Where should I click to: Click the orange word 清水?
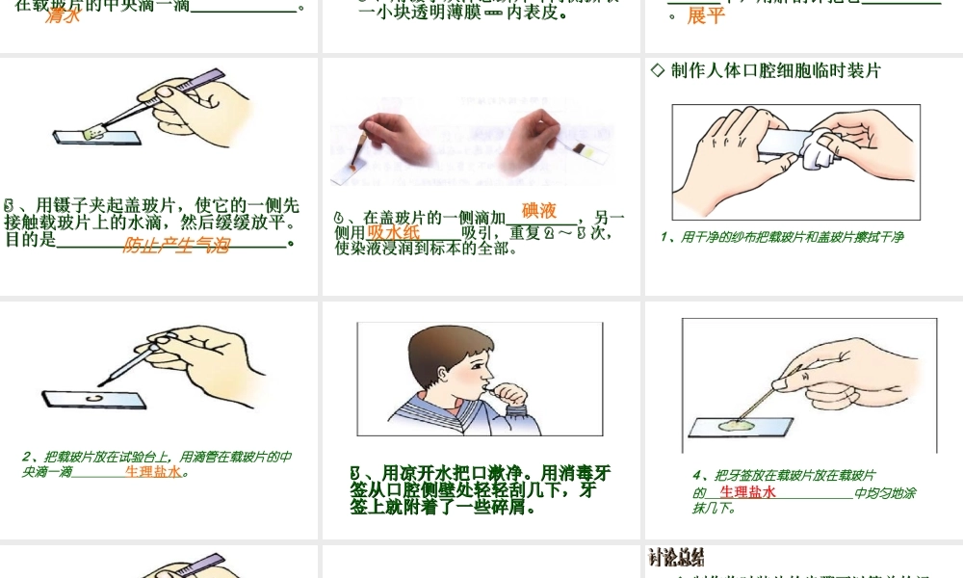click(x=63, y=15)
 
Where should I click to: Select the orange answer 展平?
click(x=706, y=16)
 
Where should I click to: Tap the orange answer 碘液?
click(x=539, y=211)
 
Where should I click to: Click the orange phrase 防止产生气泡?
click(x=176, y=246)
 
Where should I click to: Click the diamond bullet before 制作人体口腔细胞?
click(x=659, y=70)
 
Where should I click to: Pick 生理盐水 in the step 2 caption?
click(x=153, y=472)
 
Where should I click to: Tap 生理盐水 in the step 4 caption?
click(x=747, y=492)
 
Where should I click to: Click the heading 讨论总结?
click(x=677, y=558)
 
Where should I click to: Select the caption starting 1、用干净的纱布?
click(x=782, y=237)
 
